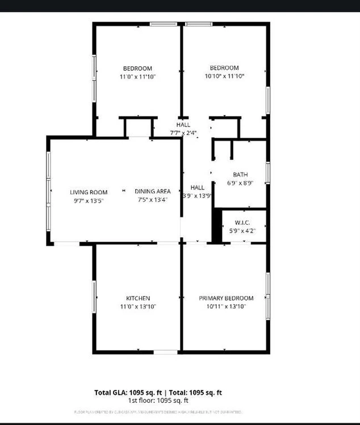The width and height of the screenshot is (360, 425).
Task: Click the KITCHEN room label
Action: click(x=138, y=298)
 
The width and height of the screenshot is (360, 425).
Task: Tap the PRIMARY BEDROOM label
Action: click(x=226, y=298)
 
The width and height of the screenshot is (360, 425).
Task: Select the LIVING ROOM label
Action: click(x=89, y=192)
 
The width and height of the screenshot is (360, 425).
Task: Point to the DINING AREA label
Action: click(x=153, y=191)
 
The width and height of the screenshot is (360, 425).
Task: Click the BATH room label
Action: click(x=240, y=174)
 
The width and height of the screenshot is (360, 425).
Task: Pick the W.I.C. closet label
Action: click(x=242, y=222)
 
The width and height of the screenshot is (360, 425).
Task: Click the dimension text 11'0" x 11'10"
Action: click(x=137, y=76)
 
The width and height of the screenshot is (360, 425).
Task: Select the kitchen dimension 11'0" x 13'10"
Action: click(x=138, y=306)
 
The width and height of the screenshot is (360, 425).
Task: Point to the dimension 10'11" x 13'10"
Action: click(x=226, y=306)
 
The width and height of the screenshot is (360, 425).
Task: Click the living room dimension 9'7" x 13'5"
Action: click(x=89, y=200)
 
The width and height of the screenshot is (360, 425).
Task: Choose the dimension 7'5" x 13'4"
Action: click(x=153, y=200)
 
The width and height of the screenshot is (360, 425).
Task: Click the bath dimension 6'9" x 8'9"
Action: click(x=240, y=183)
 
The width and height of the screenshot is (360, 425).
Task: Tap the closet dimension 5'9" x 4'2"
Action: click(x=242, y=231)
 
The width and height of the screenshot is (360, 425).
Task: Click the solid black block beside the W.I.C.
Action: click(x=216, y=225)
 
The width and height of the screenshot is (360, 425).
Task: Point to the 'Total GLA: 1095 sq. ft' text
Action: click(x=128, y=392)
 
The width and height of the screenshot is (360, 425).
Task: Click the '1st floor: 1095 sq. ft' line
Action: click(x=158, y=399)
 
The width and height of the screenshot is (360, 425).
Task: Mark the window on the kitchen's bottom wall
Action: click(x=166, y=352)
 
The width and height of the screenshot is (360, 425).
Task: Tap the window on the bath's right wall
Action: click(x=267, y=173)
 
